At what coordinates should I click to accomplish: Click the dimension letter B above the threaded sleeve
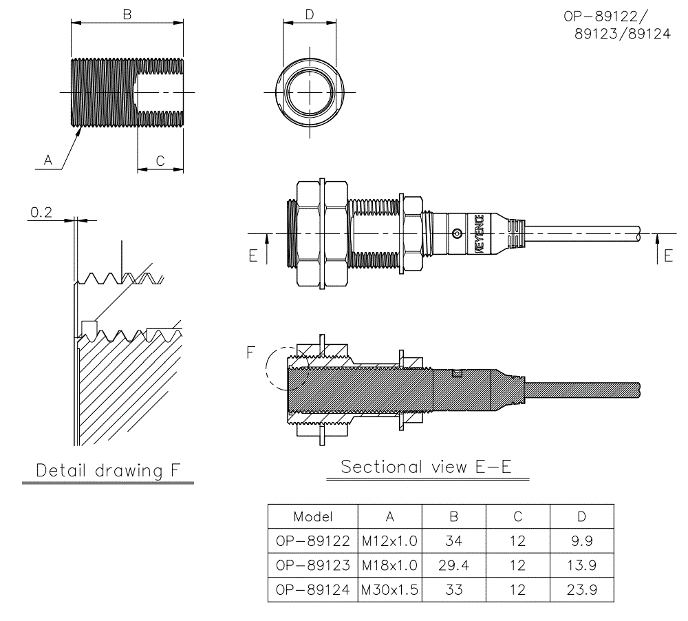(x=127, y=13)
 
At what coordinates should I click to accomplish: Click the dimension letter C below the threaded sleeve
(x=160, y=160)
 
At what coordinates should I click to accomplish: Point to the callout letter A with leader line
(x=48, y=160)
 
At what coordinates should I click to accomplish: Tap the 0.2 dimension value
(x=41, y=213)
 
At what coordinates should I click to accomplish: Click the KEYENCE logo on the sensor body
(x=478, y=235)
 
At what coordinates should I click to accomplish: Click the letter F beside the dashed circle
(x=252, y=353)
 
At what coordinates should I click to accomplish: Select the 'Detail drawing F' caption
(x=108, y=471)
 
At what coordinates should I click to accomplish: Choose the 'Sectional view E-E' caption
(x=426, y=467)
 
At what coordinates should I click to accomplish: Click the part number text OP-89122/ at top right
(x=608, y=17)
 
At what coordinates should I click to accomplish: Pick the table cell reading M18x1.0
(x=389, y=565)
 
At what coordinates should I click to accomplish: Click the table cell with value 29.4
(x=453, y=565)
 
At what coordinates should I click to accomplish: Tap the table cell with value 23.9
(x=581, y=589)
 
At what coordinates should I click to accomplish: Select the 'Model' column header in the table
(x=312, y=516)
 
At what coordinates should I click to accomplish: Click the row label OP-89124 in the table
(x=312, y=589)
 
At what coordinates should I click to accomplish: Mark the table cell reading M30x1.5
(x=389, y=589)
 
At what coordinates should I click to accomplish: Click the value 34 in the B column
(x=453, y=541)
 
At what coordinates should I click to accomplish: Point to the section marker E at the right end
(x=668, y=255)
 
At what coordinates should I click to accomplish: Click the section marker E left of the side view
(x=252, y=256)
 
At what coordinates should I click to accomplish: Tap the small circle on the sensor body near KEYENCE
(x=455, y=235)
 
